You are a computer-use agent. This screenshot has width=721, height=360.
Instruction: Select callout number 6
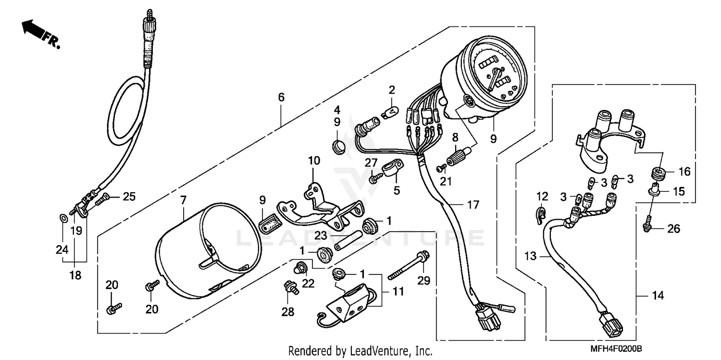[x=281, y=97]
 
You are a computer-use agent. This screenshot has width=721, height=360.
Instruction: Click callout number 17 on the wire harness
[x=473, y=205]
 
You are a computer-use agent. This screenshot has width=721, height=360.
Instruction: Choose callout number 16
[x=684, y=172]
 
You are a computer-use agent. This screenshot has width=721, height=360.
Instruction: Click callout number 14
[x=658, y=296]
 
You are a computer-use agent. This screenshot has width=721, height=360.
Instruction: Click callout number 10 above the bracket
[x=313, y=160]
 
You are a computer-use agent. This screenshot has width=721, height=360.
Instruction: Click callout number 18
[x=76, y=275]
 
